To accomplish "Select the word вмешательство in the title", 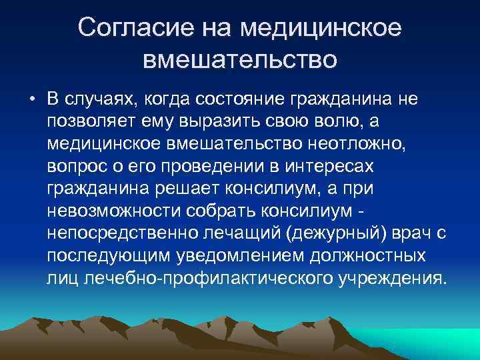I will coord(240,61).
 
